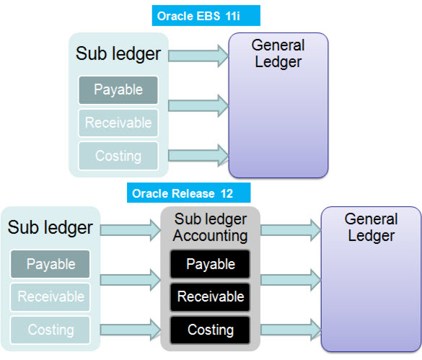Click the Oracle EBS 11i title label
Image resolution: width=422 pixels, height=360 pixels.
pos(207,15)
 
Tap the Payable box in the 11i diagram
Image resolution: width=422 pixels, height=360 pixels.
pos(118,90)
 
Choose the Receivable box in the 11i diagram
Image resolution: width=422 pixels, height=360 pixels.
pos(118,123)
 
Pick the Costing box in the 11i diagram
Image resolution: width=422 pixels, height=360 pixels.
pos(118,155)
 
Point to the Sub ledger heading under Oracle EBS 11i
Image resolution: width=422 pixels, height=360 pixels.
pos(118,53)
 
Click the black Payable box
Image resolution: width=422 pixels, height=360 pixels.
pos(211,264)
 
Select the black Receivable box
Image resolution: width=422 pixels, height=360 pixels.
pos(211,297)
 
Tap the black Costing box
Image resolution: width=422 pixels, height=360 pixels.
pos(211,330)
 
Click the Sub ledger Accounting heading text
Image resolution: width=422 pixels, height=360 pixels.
pos(211,227)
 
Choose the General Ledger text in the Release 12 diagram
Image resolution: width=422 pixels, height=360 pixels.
pos(371,227)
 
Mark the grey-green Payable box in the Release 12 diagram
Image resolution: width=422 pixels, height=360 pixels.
pos(50,264)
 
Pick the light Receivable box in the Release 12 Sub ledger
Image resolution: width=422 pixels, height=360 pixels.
pos(50,297)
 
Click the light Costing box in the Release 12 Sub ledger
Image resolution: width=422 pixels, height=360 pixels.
pos(50,330)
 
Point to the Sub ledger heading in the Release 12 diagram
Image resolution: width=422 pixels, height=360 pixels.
pos(50,227)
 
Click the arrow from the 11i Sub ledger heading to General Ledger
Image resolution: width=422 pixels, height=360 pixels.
pos(198,52)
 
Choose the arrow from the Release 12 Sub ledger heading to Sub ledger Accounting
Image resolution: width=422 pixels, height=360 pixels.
pos(130,230)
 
